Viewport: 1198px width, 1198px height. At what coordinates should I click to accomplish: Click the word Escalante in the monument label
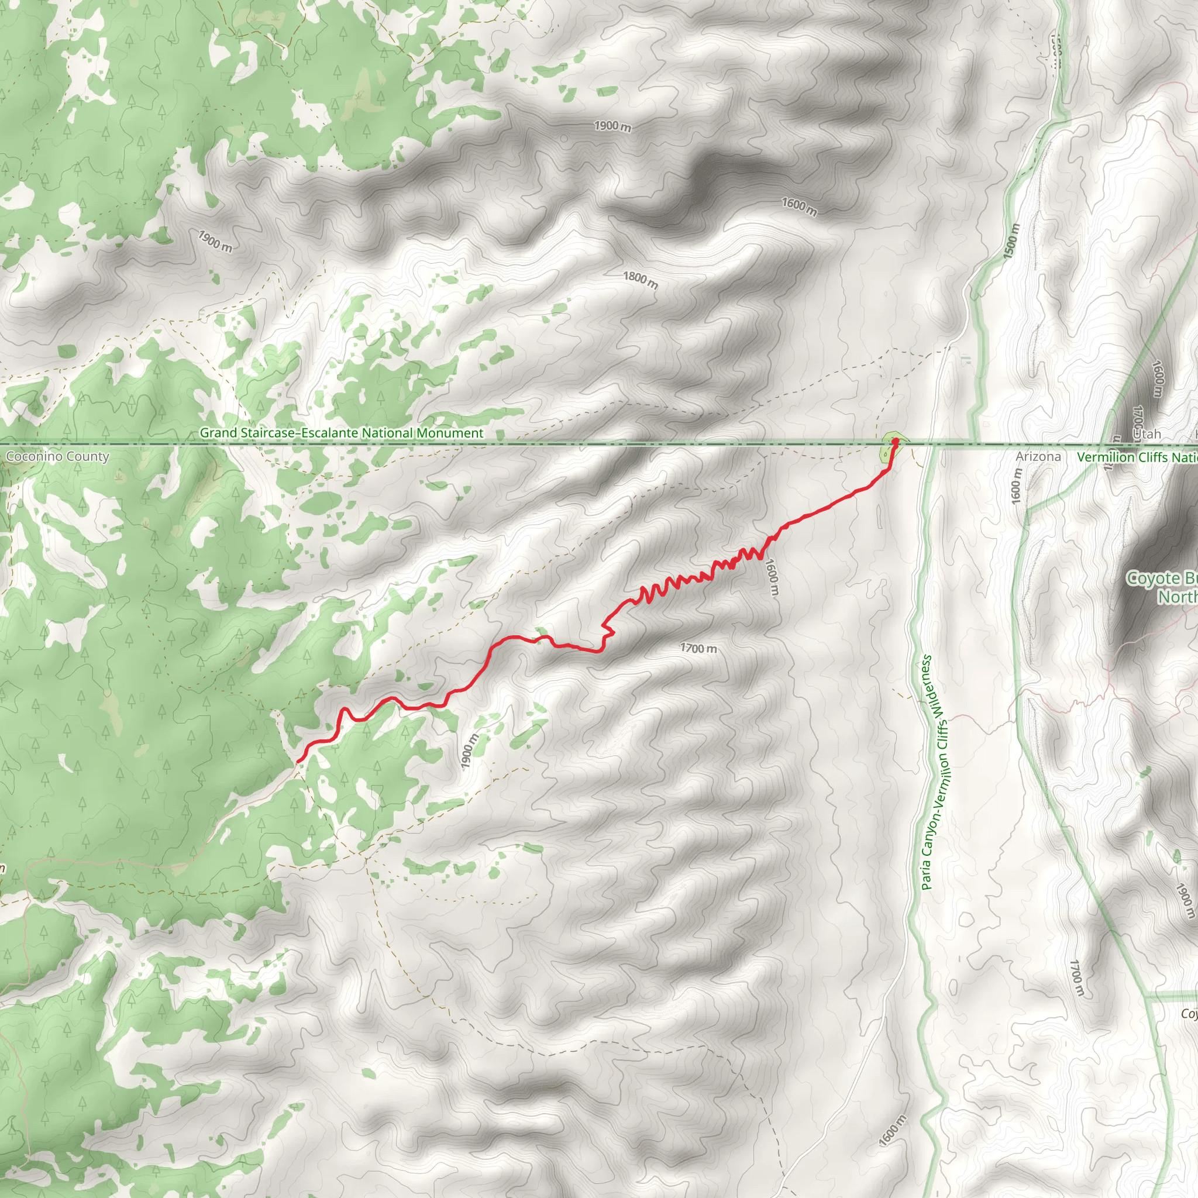pyautogui.click(x=329, y=433)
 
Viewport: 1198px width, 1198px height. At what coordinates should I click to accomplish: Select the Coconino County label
pyautogui.click(x=57, y=457)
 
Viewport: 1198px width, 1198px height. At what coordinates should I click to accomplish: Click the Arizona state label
pyautogui.click(x=1038, y=456)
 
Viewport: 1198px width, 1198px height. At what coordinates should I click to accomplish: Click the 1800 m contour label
pyautogui.click(x=641, y=280)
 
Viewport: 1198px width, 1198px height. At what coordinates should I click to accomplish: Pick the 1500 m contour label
pyautogui.click(x=1011, y=241)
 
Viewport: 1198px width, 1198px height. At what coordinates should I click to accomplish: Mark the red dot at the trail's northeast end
pyautogui.click(x=895, y=442)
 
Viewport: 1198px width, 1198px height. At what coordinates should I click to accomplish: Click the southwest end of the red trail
pyautogui.click(x=299, y=760)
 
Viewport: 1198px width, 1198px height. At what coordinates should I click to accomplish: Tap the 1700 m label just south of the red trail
pyautogui.click(x=698, y=649)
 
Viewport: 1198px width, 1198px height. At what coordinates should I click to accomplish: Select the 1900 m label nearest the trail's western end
pyautogui.click(x=470, y=752)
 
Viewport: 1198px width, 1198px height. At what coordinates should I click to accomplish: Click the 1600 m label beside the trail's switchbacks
pyautogui.click(x=772, y=577)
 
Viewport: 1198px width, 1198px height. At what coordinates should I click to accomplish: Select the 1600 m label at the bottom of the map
pyautogui.click(x=893, y=1130)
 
